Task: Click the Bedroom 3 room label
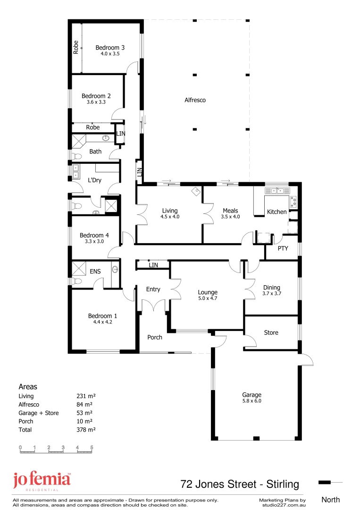pyautogui.click(x=110, y=47)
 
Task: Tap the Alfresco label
pyautogui.click(x=195, y=100)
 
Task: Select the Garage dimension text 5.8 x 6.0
pyautogui.click(x=251, y=401)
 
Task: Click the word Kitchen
pyautogui.click(x=276, y=212)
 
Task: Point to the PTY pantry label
pyautogui.click(x=283, y=248)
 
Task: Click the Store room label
pyautogui.click(x=271, y=332)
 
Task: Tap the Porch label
pyautogui.click(x=155, y=337)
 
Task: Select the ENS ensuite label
pyautogui.click(x=95, y=272)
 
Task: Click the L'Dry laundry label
pyautogui.click(x=95, y=180)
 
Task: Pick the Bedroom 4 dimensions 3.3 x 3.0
pyautogui.click(x=94, y=241)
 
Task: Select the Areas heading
pyautogui.click(x=27, y=386)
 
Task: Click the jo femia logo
pyautogui.click(x=42, y=481)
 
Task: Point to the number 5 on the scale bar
pyautogui.click(x=92, y=447)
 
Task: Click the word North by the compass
pyautogui.click(x=330, y=500)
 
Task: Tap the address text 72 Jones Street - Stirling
pyautogui.click(x=240, y=484)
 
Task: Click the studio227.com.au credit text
pyautogui.click(x=282, y=504)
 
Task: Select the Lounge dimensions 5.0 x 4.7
pyautogui.click(x=207, y=298)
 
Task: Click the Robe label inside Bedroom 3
pyautogui.click(x=75, y=48)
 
